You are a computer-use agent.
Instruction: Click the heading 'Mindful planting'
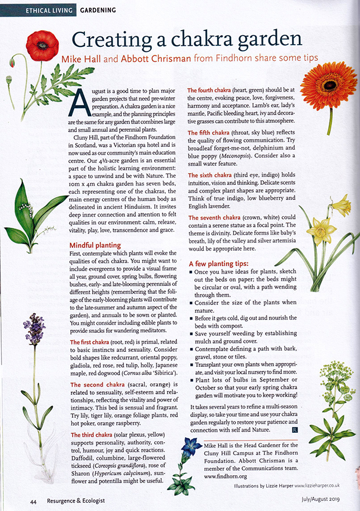94,245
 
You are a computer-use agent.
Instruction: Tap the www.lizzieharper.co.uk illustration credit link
316,487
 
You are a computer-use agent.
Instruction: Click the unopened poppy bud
9,80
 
